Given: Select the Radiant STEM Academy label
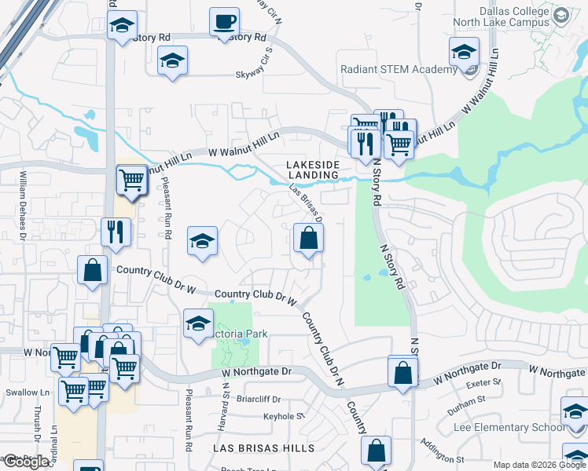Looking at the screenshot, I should click(x=399, y=69).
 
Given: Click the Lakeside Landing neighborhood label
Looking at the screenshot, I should click(x=312, y=169).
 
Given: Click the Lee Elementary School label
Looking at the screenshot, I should click(x=509, y=428).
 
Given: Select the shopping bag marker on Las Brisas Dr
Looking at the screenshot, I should click(x=309, y=238).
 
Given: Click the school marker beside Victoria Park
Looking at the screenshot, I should click(x=198, y=323).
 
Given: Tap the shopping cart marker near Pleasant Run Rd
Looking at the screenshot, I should click(x=131, y=180).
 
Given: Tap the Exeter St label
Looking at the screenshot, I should click(x=484, y=382).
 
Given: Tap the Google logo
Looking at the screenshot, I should click(x=27, y=462).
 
